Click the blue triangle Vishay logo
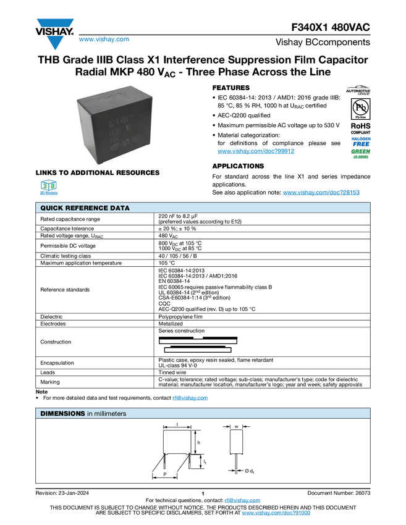click(55, 43)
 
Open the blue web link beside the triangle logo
click(104, 40)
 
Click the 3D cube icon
click(48, 185)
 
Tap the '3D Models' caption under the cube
click(48, 193)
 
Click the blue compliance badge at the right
click(360, 140)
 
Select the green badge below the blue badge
click(360, 153)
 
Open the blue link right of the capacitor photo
click(256, 151)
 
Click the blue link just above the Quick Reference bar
click(321, 193)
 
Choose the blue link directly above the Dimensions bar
click(190, 398)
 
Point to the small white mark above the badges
click(360, 88)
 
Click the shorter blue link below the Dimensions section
click(242, 501)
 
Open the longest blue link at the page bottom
click(276, 513)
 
